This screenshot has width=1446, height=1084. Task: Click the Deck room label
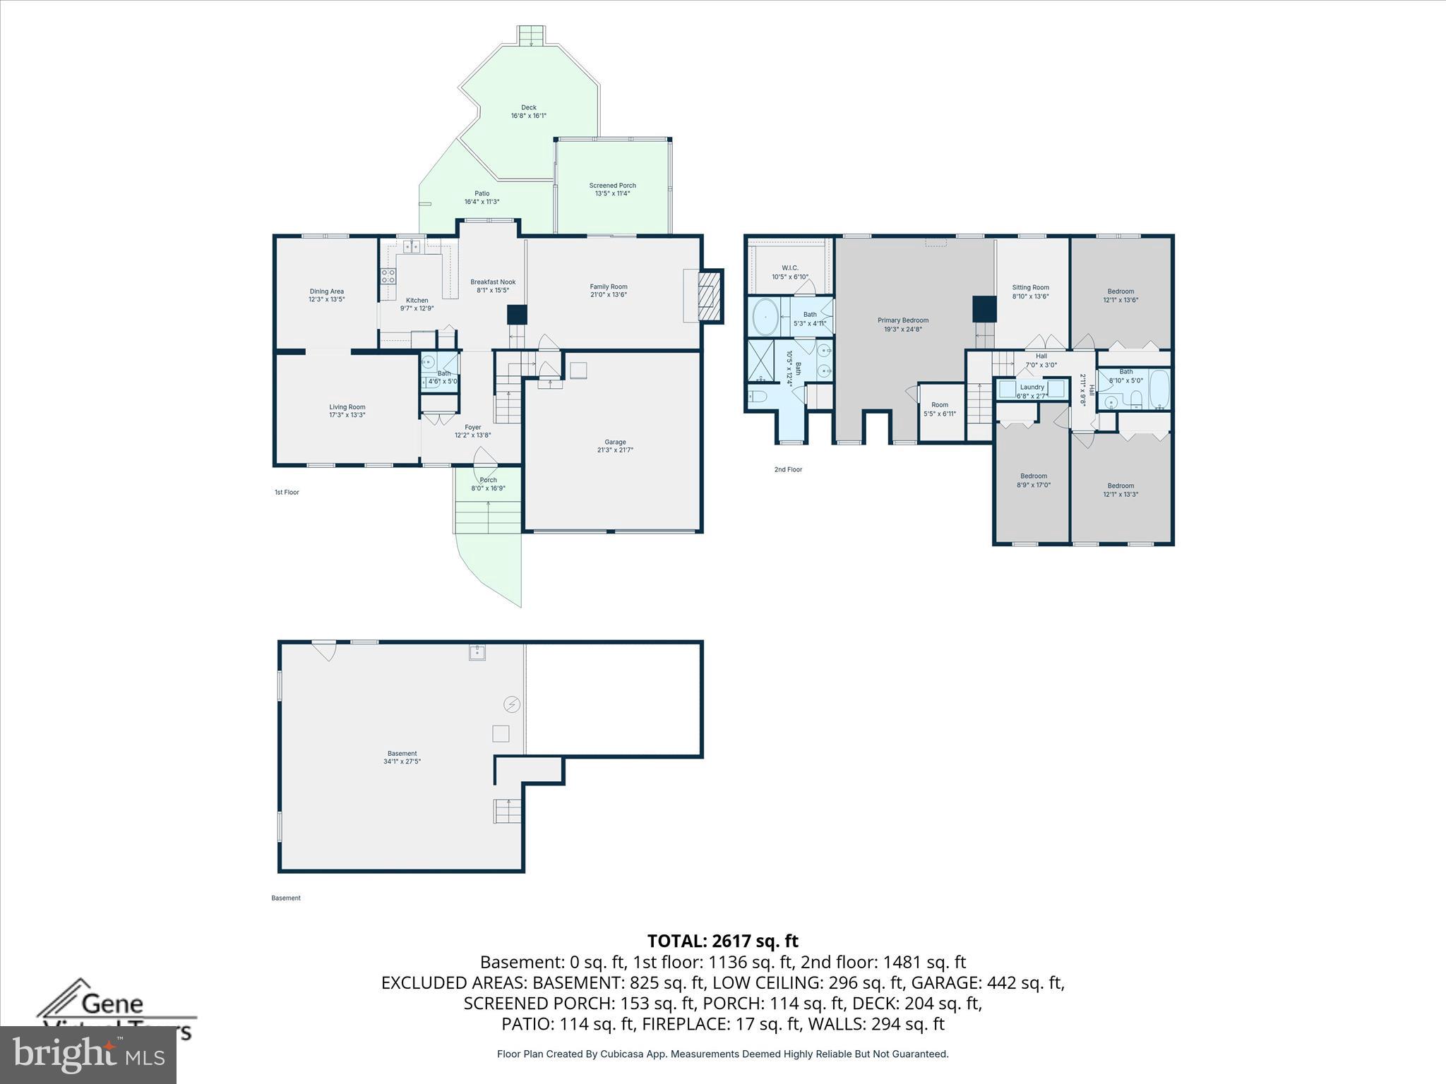(x=529, y=108)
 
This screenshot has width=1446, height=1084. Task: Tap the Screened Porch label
(x=612, y=186)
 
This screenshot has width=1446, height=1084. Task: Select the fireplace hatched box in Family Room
(x=707, y=296)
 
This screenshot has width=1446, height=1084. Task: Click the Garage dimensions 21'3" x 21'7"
(x=615, y=450)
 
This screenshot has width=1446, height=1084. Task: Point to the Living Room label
(x=347, y=407)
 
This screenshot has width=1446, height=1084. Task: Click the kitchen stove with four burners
(x=388, y=276)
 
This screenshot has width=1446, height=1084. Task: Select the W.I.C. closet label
(x=789, y=268)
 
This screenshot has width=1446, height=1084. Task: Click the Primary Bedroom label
(x=903, y=320)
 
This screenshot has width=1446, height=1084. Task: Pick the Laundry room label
(x=1032, y=387)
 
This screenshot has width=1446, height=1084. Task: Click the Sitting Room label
(x=1030, y=287)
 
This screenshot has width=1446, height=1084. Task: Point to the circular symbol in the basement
(x=512, y=704)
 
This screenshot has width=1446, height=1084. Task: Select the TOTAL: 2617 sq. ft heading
(x=722, y=941)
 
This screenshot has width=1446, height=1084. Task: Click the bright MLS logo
(x=88, y=1054)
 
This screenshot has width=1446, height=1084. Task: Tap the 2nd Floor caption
(x=788, y=469)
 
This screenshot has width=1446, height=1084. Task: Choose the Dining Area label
(x=326, y=291)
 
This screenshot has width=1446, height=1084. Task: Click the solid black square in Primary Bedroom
(x=984, y=308)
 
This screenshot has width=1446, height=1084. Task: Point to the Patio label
(x=482, y=193)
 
